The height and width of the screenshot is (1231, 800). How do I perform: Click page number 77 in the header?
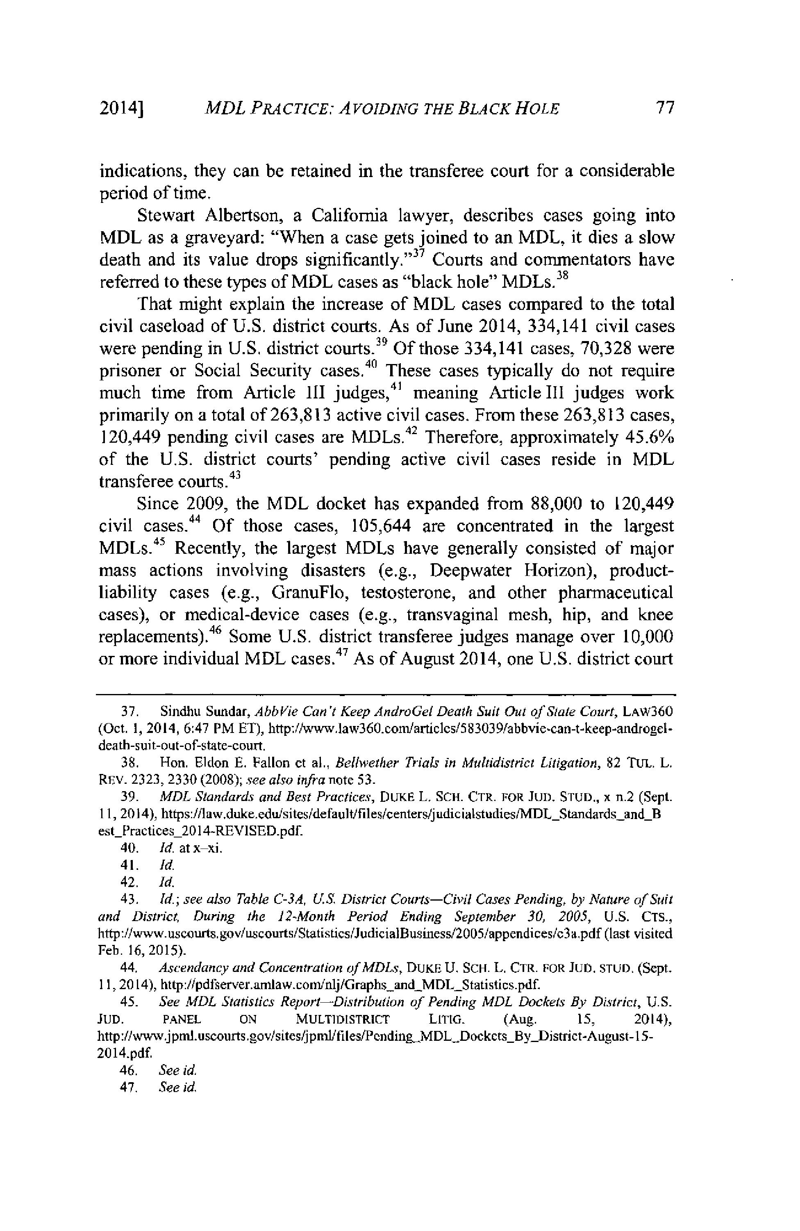point(664,108)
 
